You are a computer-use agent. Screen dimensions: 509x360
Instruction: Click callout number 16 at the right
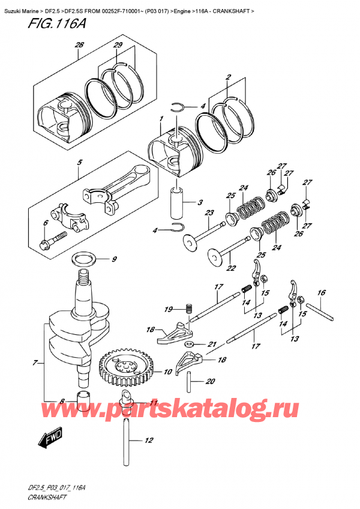[x=322, y=292]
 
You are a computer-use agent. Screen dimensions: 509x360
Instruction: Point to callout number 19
[x=170, y=310]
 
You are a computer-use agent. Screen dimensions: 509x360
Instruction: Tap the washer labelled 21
[x=189, y=344]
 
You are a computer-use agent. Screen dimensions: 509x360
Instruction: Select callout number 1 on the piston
[x=160, y=119]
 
